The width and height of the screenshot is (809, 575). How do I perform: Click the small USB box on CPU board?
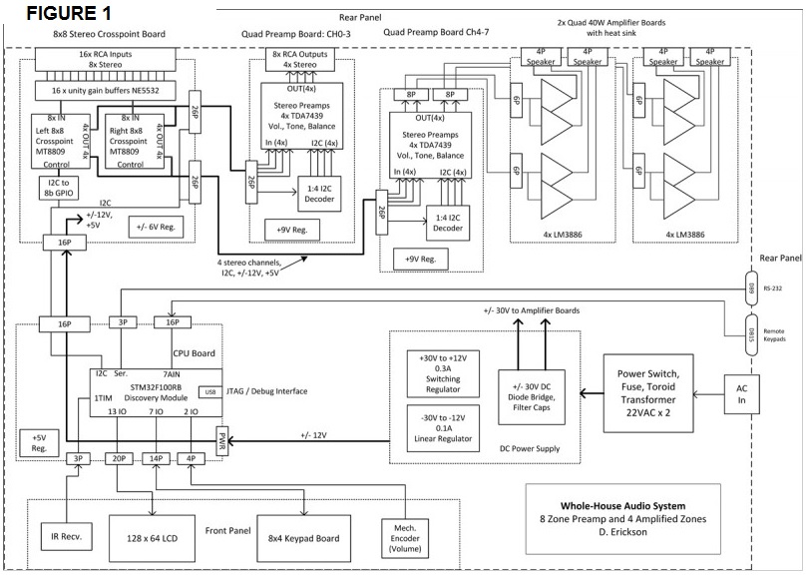209,391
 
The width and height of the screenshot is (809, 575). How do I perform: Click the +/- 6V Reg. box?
150,228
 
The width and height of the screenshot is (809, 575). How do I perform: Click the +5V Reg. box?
40,442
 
